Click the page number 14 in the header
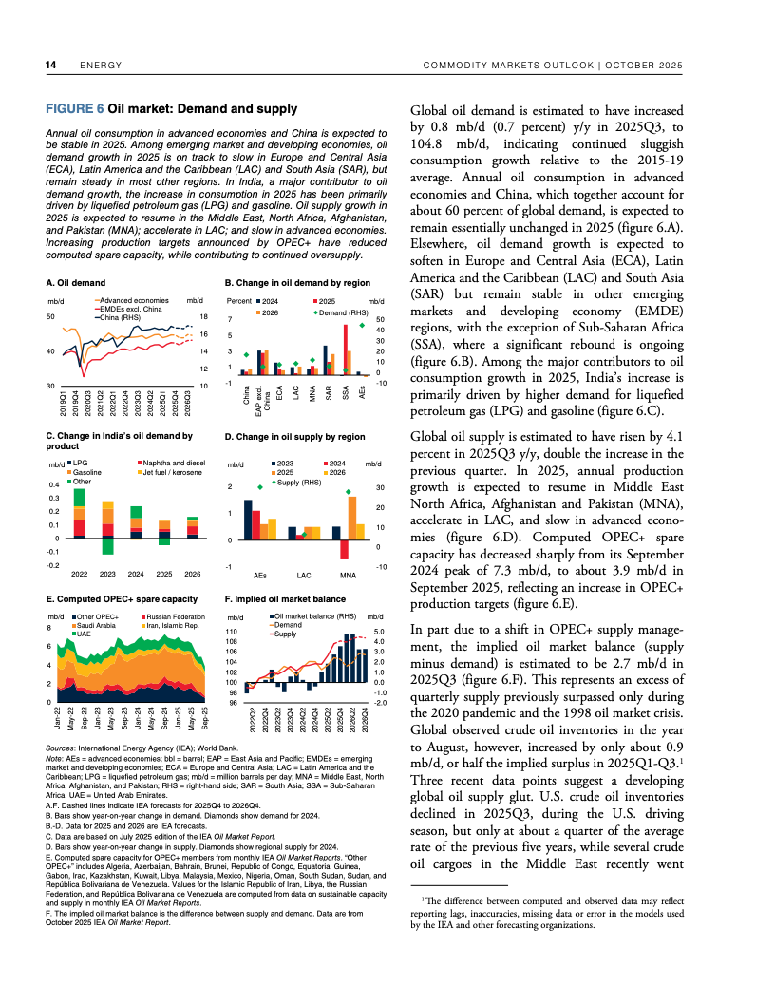point(52,65)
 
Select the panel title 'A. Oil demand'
point(76,283)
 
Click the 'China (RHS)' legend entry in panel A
point(119,317)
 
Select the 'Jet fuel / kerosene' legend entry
point(173,472)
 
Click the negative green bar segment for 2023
point(107,546)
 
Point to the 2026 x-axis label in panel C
point(192,574)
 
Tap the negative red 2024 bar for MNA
point(345,550)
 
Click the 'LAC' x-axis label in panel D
point(304,576)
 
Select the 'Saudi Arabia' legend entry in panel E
point(95,626)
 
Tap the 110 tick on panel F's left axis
point(232,632)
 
